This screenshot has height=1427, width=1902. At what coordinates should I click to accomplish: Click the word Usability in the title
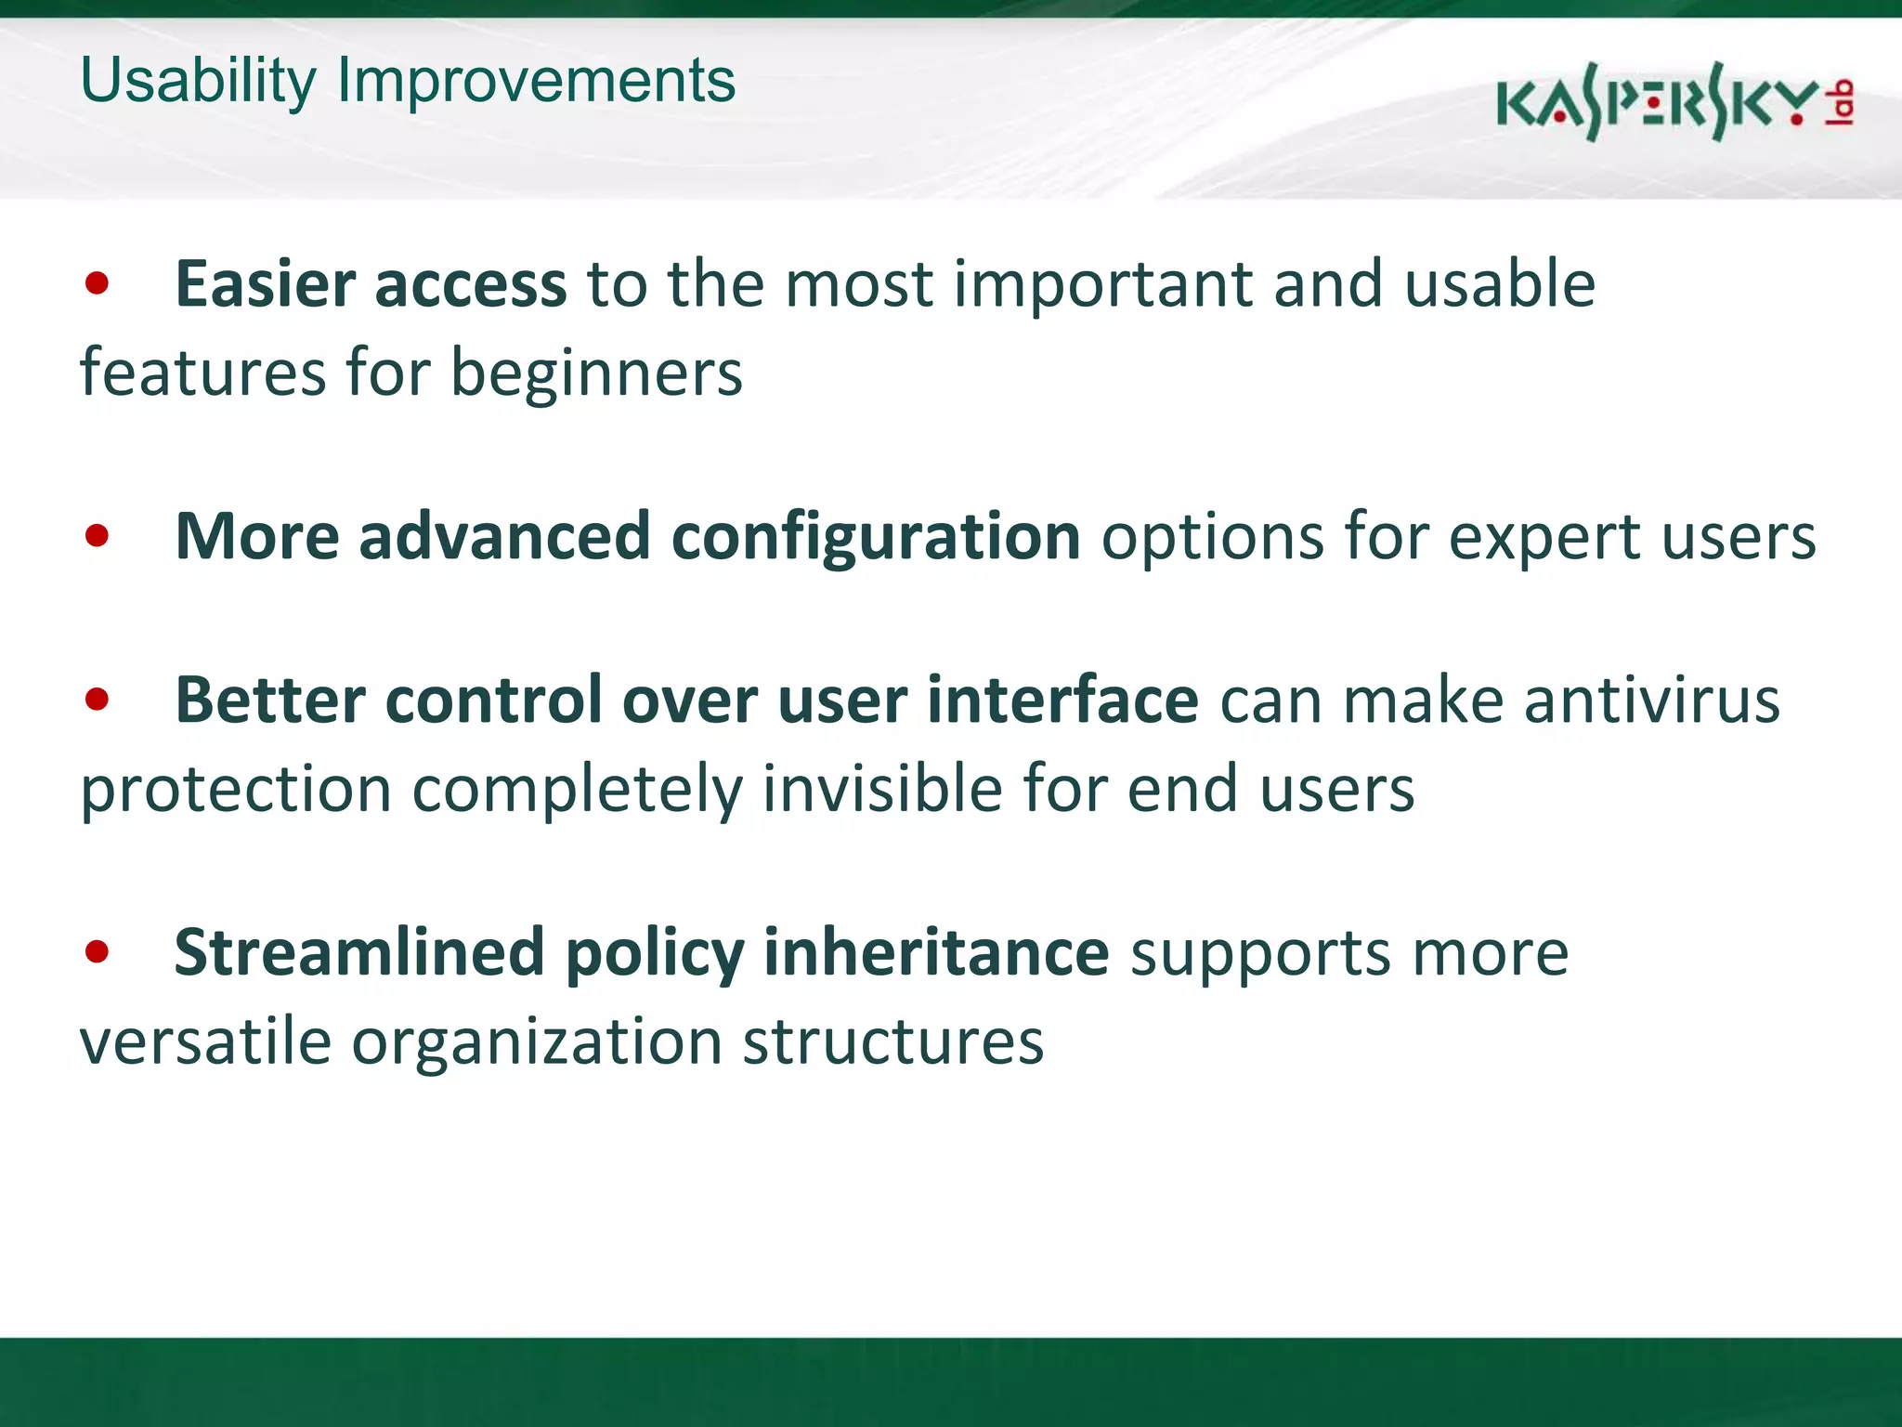[x=198, y=82]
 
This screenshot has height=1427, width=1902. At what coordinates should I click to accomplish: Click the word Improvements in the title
[x=536, y=82]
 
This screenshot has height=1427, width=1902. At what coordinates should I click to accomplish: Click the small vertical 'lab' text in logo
[x=1842, y=102]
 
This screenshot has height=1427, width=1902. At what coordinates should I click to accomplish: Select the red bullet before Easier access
[x=97, y=283]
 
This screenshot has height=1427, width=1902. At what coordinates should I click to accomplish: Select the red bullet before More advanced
[x=97, y=536]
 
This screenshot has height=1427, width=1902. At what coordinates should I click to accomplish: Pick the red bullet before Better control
[x=97, y=699]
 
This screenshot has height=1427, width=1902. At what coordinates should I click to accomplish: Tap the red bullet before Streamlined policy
[x=97, y=951]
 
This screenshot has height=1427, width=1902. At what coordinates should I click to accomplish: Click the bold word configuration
[x=875, y=538]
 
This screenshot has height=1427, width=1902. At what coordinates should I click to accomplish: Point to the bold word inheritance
[x=936, y=951]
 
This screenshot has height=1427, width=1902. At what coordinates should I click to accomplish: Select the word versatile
[x=205, y=1041]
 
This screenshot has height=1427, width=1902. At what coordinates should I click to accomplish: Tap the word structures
[x=892, y=1041]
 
